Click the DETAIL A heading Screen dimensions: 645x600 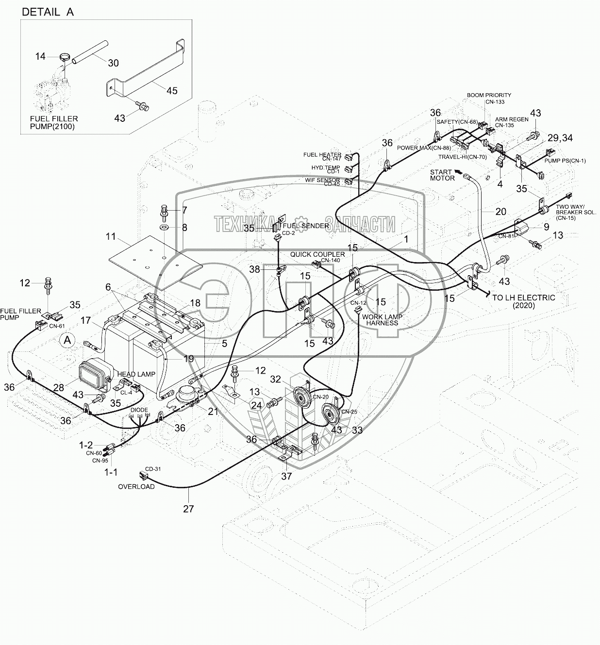[x=48, y=12]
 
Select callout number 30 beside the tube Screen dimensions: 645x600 [x=113, y=63]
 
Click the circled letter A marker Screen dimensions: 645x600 [x=67, y=340]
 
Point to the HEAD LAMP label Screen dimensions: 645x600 [x=135, y=374]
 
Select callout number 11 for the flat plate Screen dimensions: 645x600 [x=111, y=237]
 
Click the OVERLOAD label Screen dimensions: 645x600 [x=137, y=486]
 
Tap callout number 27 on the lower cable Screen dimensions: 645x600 [x=188, y=508]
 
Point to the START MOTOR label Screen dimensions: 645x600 [x=442, y=175]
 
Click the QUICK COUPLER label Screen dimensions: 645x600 [x=317, y=254]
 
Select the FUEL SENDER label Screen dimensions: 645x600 [x=306, y=226]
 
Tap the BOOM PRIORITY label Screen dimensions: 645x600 [x=489, y=95]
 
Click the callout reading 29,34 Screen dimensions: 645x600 [x=560, y=138]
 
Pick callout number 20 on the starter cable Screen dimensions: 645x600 [x=500, y=211]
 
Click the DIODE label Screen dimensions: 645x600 [x=139, y=410]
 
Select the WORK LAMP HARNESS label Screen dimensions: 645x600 [x=383, y=319]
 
